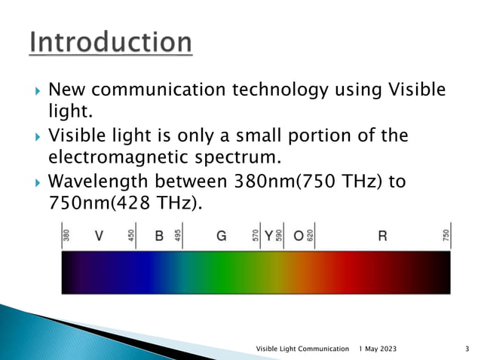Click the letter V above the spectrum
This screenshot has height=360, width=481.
point(99,236)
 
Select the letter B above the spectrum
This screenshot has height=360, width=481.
point(159,236)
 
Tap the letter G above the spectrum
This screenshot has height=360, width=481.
point(222,236)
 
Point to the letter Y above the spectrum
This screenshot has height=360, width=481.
point(268,236)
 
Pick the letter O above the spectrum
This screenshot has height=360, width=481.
point(298,236)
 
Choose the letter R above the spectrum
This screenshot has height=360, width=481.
point(382,236)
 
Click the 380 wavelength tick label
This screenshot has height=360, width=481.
point(66,236)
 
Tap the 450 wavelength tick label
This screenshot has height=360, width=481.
point(131,236)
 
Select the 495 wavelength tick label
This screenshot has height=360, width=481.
point(179,236)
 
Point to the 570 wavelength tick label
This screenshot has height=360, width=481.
point(256,236)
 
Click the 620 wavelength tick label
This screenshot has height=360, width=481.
point(309,236)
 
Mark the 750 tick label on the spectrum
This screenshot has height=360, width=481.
point(446,236)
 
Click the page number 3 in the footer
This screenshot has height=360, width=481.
point(468,349)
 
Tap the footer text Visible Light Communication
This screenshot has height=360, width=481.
point(303,349)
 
